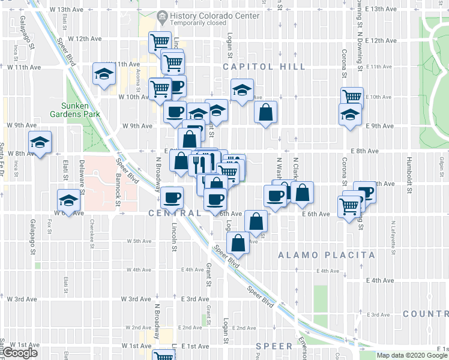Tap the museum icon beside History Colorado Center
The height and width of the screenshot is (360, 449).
pyautogui.click(x=162, y=15)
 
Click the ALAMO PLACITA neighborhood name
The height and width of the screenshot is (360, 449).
pyautogui.click(x=327, y=255)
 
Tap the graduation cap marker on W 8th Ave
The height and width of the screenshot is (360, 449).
pyautogui.click(x=41, y=143)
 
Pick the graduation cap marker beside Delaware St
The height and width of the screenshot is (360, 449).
pyautogui.click(x=69, y=200)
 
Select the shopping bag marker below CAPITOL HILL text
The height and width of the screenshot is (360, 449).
pyautogui.click(x=265, y=112)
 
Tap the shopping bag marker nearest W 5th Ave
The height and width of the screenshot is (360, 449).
pyautogui.click(x=238, y=244)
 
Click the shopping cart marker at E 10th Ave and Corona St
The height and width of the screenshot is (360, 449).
pyautogui.click(x=352, y=97)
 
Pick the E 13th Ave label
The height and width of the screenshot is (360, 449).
pyautogui.click(x=382, y=9)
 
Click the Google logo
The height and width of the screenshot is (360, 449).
pyautogui.click(x=20, y=353)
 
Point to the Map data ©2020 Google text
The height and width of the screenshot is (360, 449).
pyautogui.click(x=412, y=355)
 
